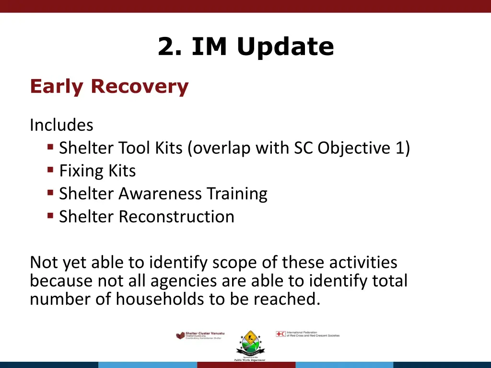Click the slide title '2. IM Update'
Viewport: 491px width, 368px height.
point(245,47)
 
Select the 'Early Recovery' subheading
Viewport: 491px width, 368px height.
point(109,87)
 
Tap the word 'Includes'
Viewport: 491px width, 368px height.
point(61,125)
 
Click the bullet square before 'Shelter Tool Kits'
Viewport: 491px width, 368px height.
point(50,147)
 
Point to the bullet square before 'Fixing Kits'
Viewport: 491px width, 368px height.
point(50,170)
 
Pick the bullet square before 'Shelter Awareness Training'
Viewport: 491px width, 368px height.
point(50,193)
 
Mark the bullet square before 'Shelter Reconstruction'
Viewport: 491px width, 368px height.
point(50,216)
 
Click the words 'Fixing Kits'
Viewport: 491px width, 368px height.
point(97,171)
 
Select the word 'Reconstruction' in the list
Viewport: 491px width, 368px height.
point(176,217)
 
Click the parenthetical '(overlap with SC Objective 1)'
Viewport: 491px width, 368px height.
point(299,148)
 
